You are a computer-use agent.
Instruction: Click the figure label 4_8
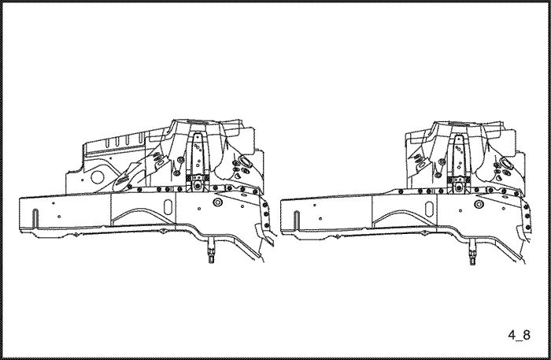click(519, 335)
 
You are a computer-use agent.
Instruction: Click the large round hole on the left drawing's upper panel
click(98, 176)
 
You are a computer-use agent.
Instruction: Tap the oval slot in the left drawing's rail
click(168, 206)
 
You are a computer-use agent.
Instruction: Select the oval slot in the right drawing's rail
click(429, 209)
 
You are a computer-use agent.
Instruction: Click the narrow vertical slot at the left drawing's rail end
click(35, 219)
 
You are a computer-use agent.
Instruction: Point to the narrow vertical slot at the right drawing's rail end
click(297, 221)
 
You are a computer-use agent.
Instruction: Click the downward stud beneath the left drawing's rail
click(211, 251)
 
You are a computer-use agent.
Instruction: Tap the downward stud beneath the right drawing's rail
click(472, 252)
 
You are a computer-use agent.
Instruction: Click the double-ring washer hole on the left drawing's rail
click(216, 202)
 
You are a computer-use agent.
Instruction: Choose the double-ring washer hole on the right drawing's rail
click(479, 204)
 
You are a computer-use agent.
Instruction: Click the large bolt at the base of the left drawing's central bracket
click(198, 185)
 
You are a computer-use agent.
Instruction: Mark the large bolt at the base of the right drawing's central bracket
click(459, 187)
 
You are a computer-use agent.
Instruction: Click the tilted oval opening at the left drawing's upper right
click(245, 161)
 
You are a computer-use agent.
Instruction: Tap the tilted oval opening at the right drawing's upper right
click(506, 164)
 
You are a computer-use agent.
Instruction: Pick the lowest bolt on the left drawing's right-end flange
click(266, 225)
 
